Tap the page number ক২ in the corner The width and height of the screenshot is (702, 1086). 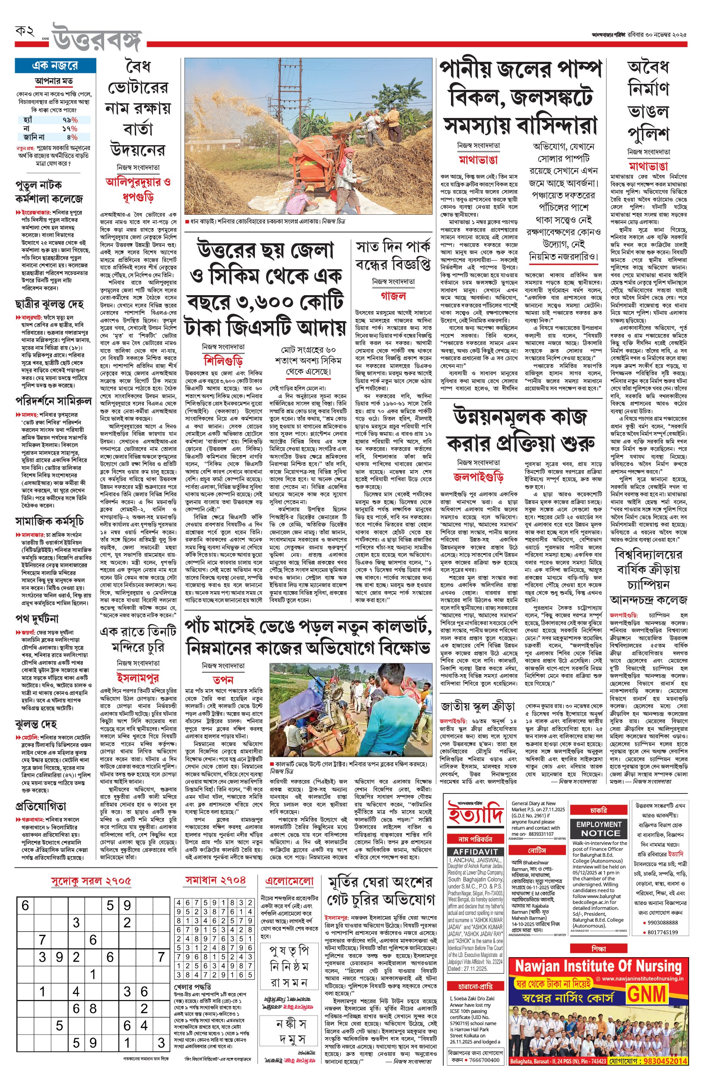[25, 32]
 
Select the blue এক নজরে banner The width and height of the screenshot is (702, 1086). [55, 66]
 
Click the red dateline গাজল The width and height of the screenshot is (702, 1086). [393, 296]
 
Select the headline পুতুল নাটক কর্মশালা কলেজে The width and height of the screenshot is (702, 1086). [49, 192]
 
